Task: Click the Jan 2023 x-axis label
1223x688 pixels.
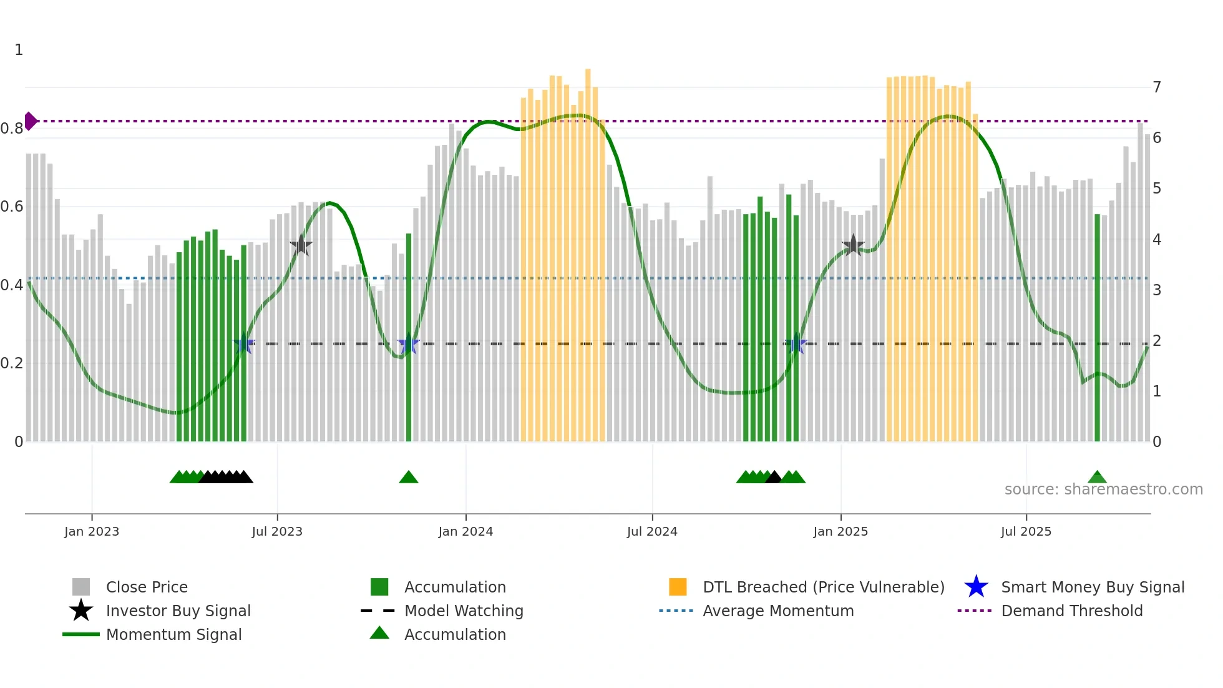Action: tap(91, 531)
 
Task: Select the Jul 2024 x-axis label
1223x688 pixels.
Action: tap(652, 531)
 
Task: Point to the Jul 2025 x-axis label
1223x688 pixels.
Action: tap(1026, 531)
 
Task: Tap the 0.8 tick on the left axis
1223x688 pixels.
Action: tap(12, 129)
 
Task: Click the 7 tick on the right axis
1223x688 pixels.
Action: tap(1157, 87)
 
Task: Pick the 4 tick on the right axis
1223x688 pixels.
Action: tap(1157, 239)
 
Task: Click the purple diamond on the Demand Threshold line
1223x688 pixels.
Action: tap(30, 121)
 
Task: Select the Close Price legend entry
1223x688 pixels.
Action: tap(147, 587)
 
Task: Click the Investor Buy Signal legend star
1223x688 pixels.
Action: tap(81, 611)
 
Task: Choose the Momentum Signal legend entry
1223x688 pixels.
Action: tap(173, 634)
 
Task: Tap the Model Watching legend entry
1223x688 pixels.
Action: tap(464, 611)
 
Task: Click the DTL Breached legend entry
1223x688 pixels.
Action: tap(823, 587)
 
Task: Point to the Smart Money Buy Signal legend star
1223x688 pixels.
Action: tap(976, 587)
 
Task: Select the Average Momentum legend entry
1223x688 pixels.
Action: tap(778, 611)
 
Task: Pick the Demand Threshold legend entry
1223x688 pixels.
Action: tap(1071, 611)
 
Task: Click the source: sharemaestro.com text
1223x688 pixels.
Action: tap(1103, 489)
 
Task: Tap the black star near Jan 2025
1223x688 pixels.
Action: tap(853, 245)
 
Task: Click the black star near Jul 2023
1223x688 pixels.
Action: tap(301, 245)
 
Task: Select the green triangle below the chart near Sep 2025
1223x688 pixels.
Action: tap(1097, 478)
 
